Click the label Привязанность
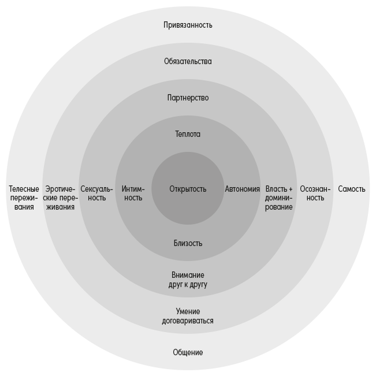(x=188, y=25)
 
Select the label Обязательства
(x=188, y=61)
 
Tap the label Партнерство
(x=188, y=98)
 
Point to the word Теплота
(x=188, y=134)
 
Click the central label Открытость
(x=188, y=189)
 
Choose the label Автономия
(x=242, y=189)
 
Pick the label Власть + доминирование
(x=279, y=198)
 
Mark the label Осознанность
(x=315, y=193)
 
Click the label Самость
(x=352, y=189)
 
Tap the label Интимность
(x=133, y=193)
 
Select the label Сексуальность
(x=96, y=193)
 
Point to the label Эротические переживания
(x=60, y=198)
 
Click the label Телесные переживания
(x=24, y=198)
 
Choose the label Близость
(x=188, y=243)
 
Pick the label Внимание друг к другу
(x=188, y=280)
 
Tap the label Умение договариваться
(x=188, y=316)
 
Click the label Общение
(x=188, y=352)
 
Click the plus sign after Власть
(x=290, y=189)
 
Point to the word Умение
(x=188, y=311)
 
